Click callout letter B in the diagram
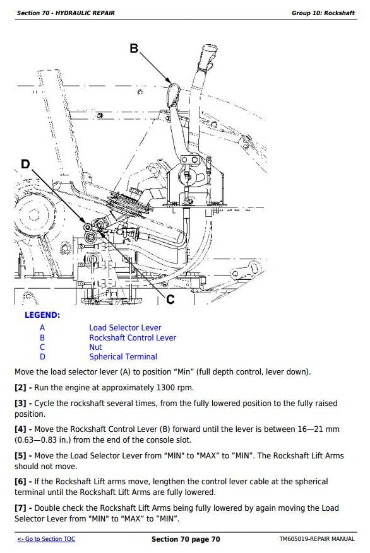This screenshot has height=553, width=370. tap(134, 48)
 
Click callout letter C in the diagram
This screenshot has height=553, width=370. tap(170, 299)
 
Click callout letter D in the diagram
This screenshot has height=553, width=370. tap(25, 164)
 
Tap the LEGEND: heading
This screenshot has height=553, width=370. tap(42, 315)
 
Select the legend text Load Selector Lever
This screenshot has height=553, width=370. tap(125, 328)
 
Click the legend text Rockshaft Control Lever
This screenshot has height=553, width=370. tap(133, 337)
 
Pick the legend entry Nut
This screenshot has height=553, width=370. tap(95, 347)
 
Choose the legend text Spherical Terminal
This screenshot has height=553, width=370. tap(123, 356)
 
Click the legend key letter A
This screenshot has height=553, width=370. tap(42, 328)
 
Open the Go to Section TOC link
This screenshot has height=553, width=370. tap(46, 539)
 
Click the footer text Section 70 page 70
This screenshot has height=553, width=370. tap(186, 539)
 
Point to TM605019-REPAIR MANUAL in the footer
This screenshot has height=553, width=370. tap(317, 539)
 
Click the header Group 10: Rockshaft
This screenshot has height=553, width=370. tap(323, 13)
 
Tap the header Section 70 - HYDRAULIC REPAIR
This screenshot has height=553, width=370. tap(66, 13)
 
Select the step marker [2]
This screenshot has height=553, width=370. tap(20, 388)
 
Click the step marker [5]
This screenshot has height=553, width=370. tap(20, 456)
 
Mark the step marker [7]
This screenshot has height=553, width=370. tap(20, 508)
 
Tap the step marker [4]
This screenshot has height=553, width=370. tap(20, 429)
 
